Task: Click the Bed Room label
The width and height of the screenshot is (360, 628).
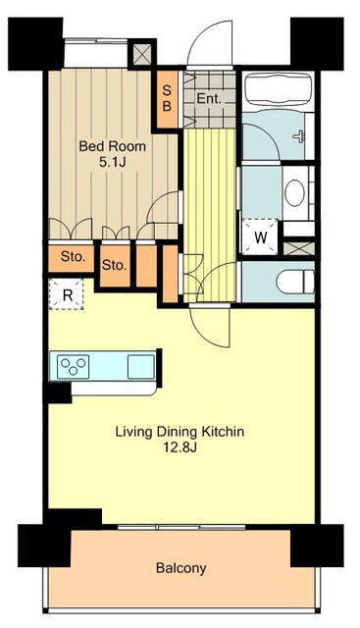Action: click(x=112, y=146)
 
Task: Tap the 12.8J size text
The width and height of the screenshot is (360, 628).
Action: click(x=180, y=447)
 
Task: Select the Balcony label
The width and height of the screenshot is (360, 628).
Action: click(x=181, y=567)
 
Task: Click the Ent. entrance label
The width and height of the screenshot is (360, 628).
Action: click(x=209, y=99)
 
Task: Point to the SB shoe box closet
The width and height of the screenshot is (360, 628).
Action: click(x=167, y=99)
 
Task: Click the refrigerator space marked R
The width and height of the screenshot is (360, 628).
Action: click(x=67, y=294)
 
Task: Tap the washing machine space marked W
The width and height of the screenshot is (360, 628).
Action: click(x=260, y=237)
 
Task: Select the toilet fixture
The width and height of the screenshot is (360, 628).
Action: click(x=294, y=282)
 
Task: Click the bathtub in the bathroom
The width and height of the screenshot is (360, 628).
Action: click(x=280, y=90)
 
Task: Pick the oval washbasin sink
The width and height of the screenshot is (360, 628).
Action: click(x=294, y=193)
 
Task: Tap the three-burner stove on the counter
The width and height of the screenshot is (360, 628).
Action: click(x=73, y=366)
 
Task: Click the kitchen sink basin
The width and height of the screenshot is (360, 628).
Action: click(x=141, y=366)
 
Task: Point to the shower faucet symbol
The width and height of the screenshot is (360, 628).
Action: click(x=299, y=136)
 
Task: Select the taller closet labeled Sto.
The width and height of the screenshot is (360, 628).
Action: click(x=115, y=266)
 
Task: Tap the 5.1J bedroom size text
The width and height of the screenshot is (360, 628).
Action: click(x=112, y=162)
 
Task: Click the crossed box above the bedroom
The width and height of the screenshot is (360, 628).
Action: click(x=142, y=54)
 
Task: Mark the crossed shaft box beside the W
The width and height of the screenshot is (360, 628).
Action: click(x=299, y=248)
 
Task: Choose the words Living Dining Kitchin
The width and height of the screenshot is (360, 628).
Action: click(x=180, y=432)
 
